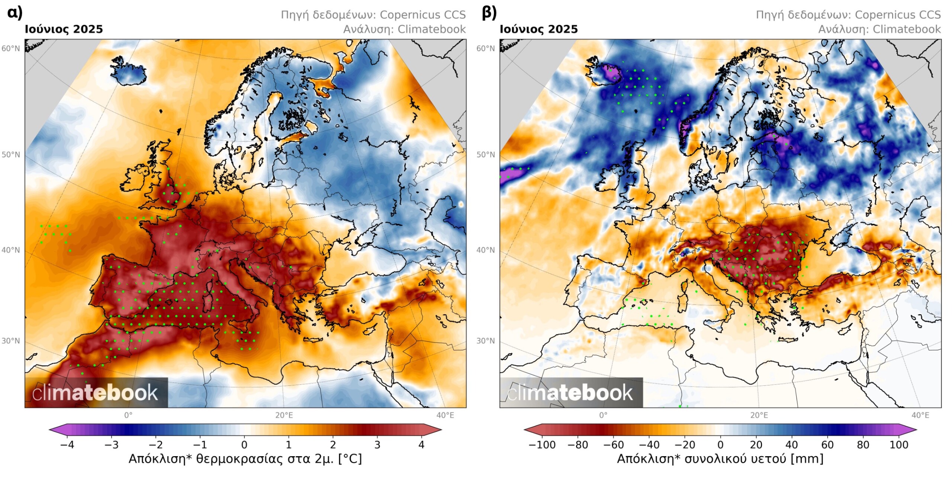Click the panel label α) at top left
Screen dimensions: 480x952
tap(15, 13)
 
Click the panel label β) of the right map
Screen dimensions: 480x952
tap(489, 13)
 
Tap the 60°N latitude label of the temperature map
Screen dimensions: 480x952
tap(10, 48)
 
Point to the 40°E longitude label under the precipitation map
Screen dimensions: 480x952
tap(920, 415)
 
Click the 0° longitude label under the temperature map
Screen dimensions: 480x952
tap(128, 415)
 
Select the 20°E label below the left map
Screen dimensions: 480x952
tap(284, 415)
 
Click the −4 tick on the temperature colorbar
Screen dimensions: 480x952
tap(67, 445)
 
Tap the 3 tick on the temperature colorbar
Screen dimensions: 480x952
tap(377, 445)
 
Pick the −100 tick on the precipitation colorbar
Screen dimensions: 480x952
tap(542, 445)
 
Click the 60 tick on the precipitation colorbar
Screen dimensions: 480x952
tap(827, 445)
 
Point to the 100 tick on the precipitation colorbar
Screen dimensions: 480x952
tap(899, 445)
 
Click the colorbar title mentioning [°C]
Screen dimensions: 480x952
tap(245, 459)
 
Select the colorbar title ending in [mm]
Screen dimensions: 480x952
tap(720, 459)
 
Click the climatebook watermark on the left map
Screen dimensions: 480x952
tap(95, 393)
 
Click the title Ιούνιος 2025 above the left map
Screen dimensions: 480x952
tap(64, 29)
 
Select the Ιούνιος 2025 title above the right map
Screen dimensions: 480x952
tap(538, 29)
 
